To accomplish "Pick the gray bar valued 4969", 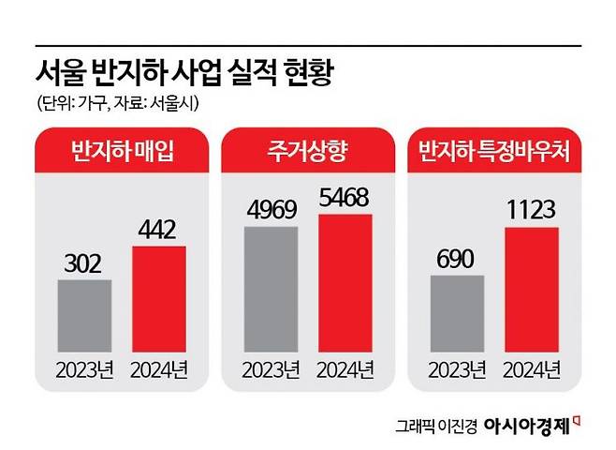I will [271, 292].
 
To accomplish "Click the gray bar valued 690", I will [458, 316].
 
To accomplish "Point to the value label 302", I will [85, 265].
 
